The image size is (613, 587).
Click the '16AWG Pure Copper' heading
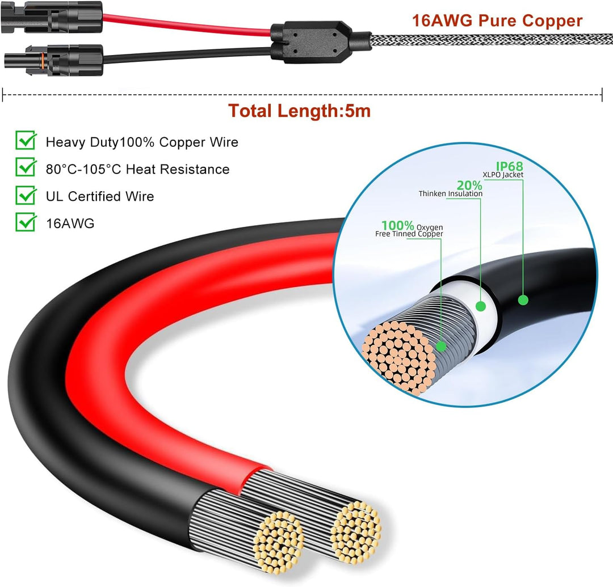point(497,20)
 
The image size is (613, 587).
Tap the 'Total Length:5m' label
point(300,111)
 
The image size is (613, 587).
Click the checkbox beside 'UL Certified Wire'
point(26,195)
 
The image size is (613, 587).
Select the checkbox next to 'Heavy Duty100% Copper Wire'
point(26,140)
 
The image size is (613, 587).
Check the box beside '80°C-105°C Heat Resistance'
point(26,167)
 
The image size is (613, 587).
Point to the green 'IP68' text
point(509,166)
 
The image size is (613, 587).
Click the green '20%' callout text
point(469,185)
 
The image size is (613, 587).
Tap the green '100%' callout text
point(397,225)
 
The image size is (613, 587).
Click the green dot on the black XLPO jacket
point(523,300)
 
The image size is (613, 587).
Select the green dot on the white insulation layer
point(481,306)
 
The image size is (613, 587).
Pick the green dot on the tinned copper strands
point(442,346)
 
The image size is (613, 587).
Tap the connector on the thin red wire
point(52,18)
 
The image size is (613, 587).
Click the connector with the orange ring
point(54,61)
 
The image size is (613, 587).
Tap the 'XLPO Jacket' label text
point(503,175)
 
